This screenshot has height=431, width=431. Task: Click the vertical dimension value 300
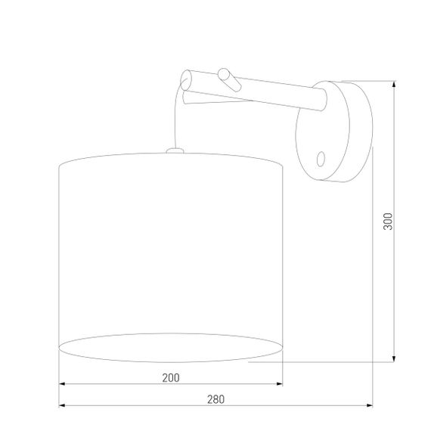[388, 221]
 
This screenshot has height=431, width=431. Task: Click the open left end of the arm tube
[187, 78]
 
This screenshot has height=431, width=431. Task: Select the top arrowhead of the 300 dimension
[393, 84]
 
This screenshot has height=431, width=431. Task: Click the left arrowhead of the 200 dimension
[62, 383]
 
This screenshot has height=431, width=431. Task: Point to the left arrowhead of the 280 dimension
[62, 406]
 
